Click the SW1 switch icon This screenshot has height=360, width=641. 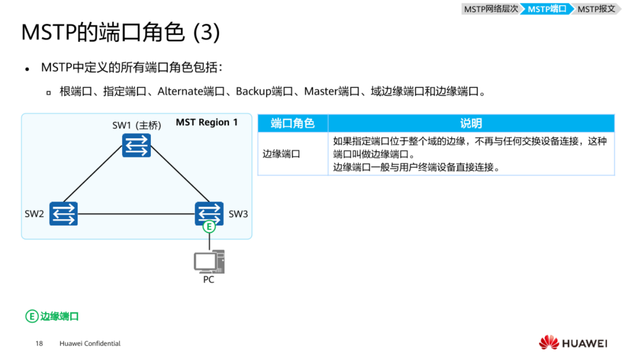[136, 145]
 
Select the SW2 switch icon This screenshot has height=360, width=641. [63, 214]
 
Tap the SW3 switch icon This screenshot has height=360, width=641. [209, 213]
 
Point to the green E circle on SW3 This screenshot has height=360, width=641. [209, 227]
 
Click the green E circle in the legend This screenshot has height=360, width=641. [31, 316]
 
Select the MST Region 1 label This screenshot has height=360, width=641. [207, 122]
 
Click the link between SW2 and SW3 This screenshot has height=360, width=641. [135, 214]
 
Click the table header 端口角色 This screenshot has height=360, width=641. [293, 123]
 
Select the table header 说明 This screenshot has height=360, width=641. [471, 123]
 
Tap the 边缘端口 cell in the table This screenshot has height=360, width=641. [282, 154]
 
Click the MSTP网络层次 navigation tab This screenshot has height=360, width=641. [491, 9]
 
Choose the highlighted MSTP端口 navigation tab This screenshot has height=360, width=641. [546, 9]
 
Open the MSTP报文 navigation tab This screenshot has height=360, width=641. [596, 9]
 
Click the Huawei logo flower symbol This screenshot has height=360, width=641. [549, 343]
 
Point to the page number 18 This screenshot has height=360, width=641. [39, 344]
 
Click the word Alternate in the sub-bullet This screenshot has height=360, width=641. [180, 92]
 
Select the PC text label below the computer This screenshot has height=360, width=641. [209, 280]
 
